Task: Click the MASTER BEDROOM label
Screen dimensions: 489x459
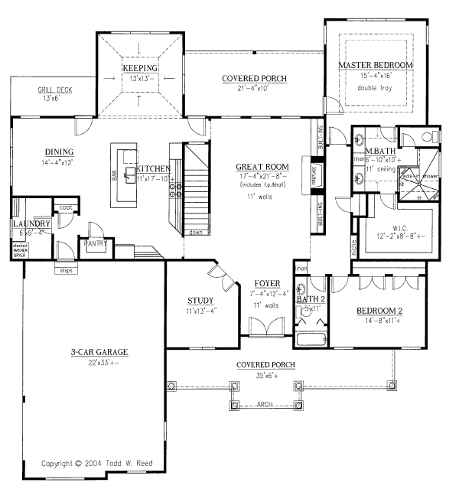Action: (376, 66)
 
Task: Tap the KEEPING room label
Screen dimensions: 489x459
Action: (139, 68)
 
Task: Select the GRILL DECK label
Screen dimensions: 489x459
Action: (55, 90)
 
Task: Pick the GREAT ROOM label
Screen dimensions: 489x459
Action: (262, 166)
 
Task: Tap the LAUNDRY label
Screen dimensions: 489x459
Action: (31, 223)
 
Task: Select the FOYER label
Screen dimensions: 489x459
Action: (266, 284)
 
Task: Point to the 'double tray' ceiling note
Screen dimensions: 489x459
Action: (376, 88)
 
